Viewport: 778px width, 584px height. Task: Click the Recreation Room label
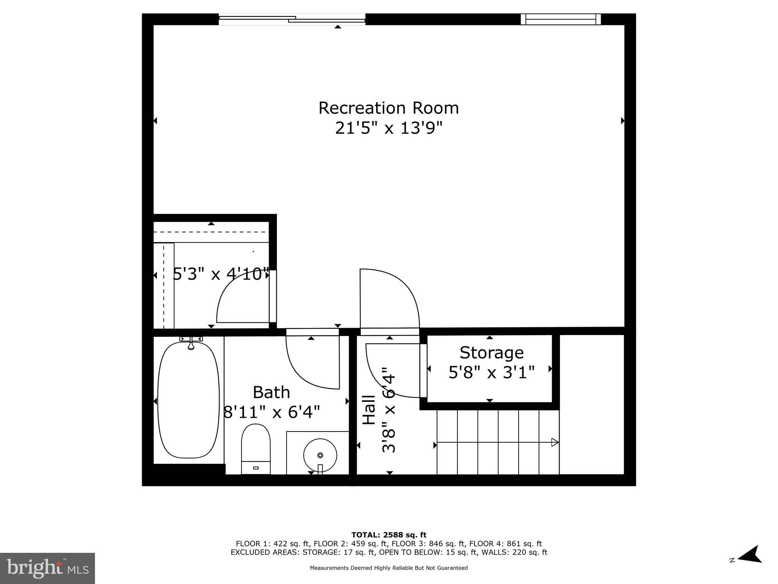388,108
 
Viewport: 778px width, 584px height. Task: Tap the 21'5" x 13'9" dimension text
388,128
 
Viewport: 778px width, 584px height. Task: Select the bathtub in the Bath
188,400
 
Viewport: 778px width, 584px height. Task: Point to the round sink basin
320,455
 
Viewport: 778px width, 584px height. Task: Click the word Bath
271,392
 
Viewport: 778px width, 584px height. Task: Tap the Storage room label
491,352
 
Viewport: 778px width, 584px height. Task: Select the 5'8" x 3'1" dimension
491,373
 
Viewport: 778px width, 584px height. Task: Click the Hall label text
369,410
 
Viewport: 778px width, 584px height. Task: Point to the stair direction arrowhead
555,442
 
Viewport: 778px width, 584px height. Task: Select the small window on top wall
560,19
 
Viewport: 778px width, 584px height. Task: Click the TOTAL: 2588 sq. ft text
388,535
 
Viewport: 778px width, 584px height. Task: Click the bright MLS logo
47,568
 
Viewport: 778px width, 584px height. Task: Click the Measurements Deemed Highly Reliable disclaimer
388,568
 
